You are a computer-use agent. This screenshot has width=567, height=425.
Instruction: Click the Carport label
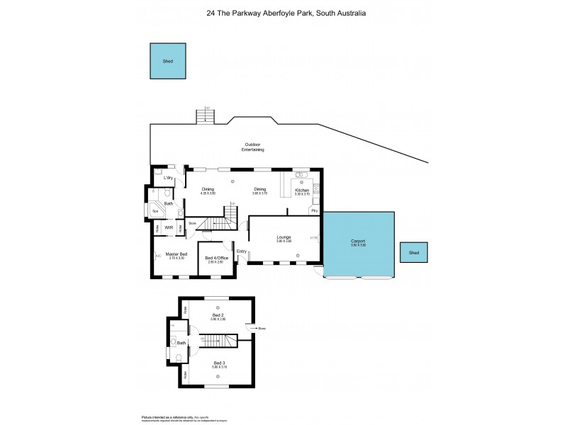(x=358, y=241)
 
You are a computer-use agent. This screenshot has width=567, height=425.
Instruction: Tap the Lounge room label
(x=284, y=237)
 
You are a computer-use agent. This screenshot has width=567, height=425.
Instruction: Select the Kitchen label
(x=302, y=190)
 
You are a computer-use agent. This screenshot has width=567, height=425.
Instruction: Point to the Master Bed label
(x=176, y=254)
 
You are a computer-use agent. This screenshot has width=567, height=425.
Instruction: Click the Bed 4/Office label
(x=215, y=257)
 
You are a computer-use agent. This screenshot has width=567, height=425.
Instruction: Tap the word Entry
(x=242, y=251)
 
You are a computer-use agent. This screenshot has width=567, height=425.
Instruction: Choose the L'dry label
(x=169, y=177)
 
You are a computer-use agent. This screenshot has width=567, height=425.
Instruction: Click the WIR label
(x=169, y=227)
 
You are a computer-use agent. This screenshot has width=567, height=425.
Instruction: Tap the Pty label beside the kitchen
(x=313, y=210)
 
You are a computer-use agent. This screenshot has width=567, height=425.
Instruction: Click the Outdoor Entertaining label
(x=253, y=147)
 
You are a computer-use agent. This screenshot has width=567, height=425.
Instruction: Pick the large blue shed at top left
(x=169, y=62)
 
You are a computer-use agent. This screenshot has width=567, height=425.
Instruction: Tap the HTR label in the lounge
(x=314, y=237)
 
